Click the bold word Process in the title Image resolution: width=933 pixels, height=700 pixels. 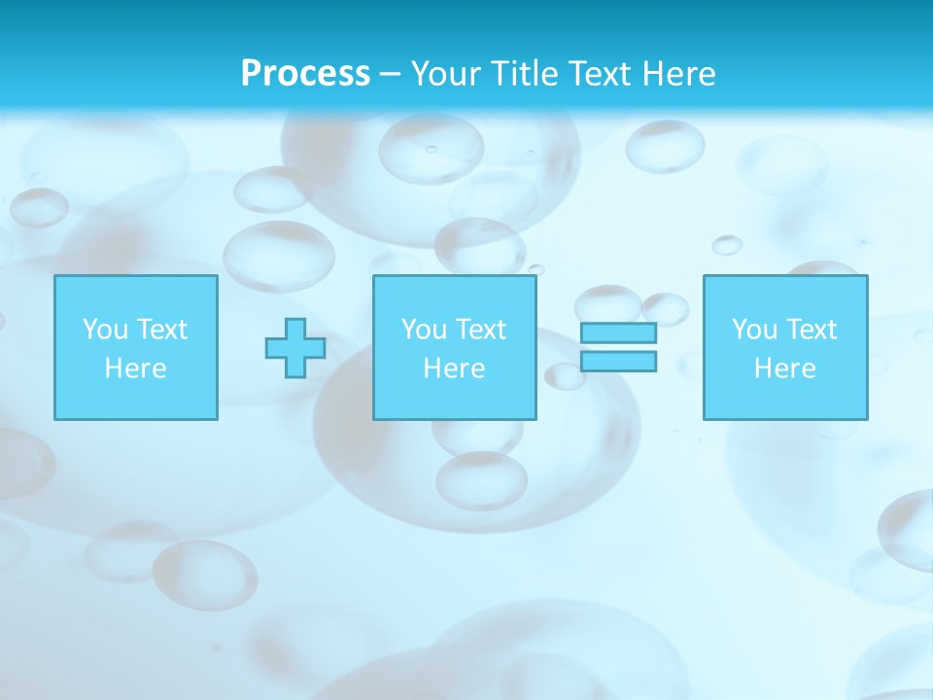point(305,74)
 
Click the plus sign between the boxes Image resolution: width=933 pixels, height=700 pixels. point(295,348)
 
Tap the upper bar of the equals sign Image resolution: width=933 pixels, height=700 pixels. point(618,332)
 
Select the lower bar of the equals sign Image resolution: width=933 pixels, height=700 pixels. point(618,362)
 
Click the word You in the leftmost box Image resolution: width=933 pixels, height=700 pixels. point(105,330)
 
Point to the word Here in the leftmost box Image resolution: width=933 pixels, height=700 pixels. point(136,368)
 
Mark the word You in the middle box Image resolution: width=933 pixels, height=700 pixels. point(424,330)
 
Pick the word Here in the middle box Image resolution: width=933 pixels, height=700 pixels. point(455,368)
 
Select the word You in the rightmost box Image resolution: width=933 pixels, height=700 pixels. point(754,330)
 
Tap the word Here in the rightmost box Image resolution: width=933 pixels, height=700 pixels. point(785,368)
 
